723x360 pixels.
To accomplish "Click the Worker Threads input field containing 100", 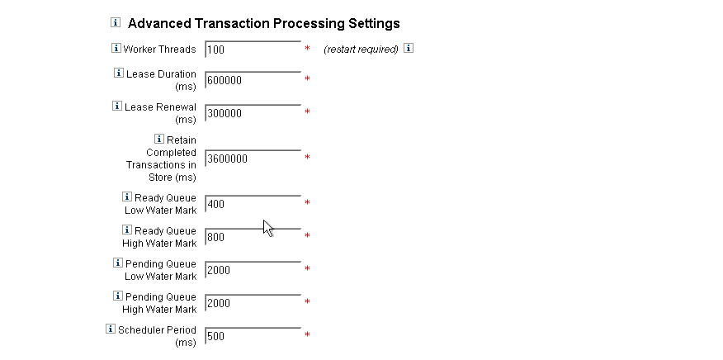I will [253, 50].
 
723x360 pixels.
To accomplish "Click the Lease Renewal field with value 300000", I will [253, 113].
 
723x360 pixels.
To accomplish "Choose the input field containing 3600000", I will [253, 159].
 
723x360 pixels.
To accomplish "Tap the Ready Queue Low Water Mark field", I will [253, 204].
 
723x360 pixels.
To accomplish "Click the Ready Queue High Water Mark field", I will [253, 237].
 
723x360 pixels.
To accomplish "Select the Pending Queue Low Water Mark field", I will [253, 270].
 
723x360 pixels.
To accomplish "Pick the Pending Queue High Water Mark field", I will [253, 303].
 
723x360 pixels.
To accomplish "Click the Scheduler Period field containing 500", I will [253, 336].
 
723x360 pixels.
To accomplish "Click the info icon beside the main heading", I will [116, 22].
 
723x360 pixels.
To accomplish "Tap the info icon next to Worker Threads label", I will [116, 49].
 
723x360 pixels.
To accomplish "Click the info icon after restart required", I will [409, 49].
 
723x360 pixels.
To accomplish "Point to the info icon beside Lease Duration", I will [119, 73].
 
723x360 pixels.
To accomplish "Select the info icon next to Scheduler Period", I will [111, 329].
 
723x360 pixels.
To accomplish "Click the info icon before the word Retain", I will [159, 140].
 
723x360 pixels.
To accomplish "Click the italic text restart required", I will [361, 50].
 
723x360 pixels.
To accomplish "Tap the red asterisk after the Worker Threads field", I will [307, 50].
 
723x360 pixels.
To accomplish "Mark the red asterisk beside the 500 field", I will [307, 335].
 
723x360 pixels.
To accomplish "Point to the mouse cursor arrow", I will [267, 226].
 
